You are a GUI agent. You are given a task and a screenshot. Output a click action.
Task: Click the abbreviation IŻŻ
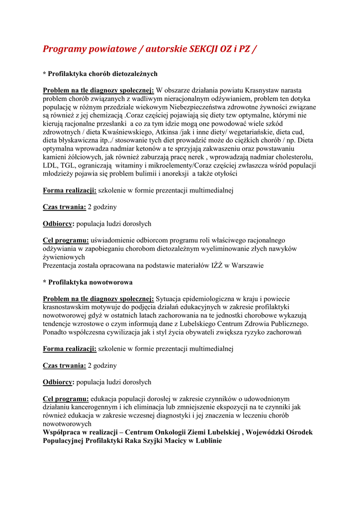point(214,265)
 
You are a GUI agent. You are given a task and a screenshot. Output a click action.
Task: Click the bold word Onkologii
point(169,432)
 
